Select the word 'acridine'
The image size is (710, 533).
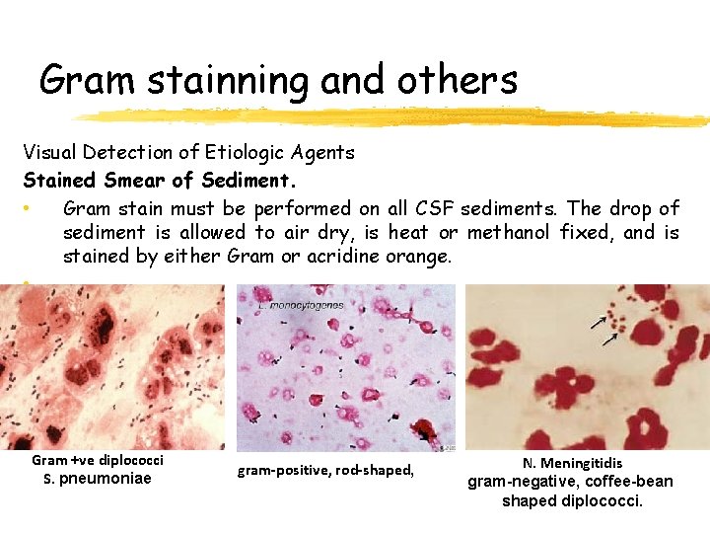320,257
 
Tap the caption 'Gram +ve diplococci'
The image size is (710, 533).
98,460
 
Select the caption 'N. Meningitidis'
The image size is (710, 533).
572,463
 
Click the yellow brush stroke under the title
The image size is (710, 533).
394,117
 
